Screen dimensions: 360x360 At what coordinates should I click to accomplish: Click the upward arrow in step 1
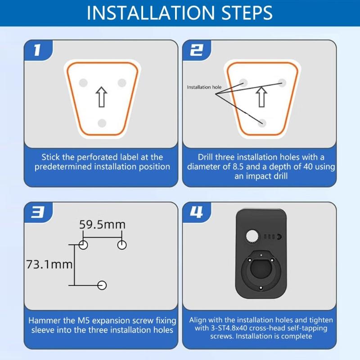tap(102, 97)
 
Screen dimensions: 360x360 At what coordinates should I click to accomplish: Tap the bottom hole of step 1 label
tap(102, 123)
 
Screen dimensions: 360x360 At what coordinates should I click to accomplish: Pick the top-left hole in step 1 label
tap(82, 83)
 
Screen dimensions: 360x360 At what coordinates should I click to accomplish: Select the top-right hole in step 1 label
tap(121, 83)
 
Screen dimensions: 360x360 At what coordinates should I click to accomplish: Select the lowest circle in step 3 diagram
tap(102, 285)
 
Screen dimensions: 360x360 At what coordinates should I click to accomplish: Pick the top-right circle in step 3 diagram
tap(122, 244)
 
